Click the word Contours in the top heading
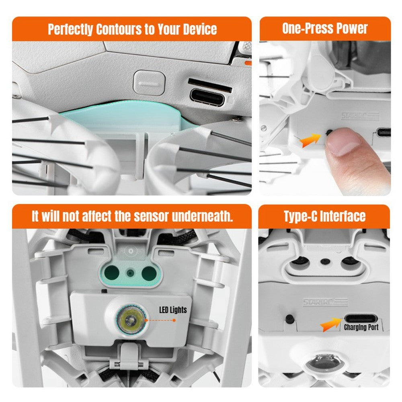(x=119, y=29)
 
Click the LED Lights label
(x=173, y=310)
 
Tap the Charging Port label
(x=361, y=327)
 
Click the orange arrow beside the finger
(x=310, y=140)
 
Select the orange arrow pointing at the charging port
(x=331, y=324)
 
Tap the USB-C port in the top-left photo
(x=207, y=98)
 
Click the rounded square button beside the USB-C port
(x=149, y=83)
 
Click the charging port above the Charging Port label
(x=361, y=319)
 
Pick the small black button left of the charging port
(x=289, y=319)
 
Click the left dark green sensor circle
(x=112, y=273)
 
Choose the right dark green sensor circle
(x=149, y=273)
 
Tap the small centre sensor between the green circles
(x=131, y=273)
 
